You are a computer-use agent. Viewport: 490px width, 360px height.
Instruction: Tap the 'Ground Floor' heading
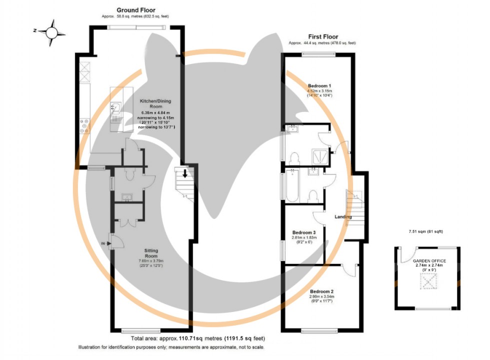(x=136, y=10)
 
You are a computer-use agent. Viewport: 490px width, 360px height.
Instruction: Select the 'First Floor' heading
(x=322, y=36)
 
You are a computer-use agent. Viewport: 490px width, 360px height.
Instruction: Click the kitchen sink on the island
(x=116, y=107)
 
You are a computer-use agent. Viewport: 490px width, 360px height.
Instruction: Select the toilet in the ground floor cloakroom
(x=129, y=174)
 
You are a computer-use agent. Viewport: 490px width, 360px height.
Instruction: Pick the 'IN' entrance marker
(x=103, y=243)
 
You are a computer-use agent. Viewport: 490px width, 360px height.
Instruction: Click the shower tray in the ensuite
(x=320, y=157)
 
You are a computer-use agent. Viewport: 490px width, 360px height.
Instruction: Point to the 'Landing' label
(x=343, y=216)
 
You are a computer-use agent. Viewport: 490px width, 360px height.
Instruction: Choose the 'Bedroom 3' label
(x=304, y=233)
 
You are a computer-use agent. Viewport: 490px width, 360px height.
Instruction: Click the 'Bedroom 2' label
(x=321, y=291)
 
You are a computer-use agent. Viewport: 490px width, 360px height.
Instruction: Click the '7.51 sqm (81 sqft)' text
(x=425, y=231)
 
